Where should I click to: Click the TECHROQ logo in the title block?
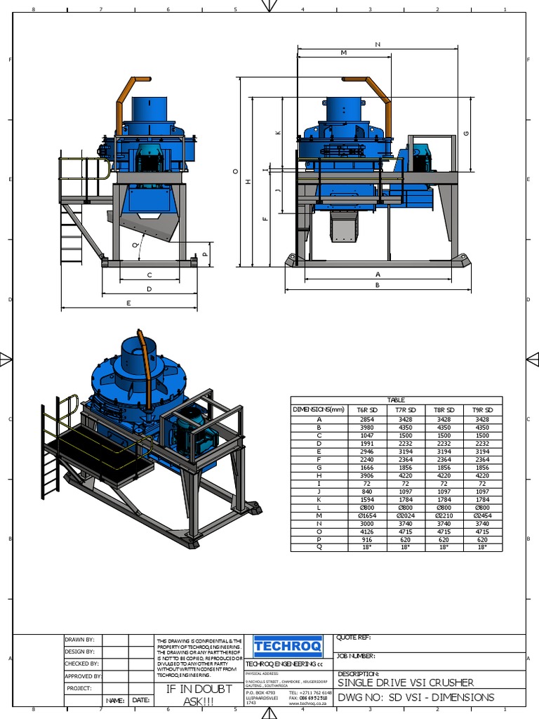coord(288,645)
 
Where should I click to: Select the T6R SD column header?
coord(367,409)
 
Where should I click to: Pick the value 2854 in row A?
coord(367,419)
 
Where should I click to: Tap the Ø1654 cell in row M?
coord(367,515)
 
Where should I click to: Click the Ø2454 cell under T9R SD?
coord(482,515)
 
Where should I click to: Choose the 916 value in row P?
coord(367,540)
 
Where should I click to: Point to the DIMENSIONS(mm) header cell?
coord(319,409)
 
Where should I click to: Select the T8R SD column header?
coord(444,409)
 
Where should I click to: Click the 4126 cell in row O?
coord(367,532)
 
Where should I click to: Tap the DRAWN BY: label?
coord(79,640)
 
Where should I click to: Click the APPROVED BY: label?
coord(84,676)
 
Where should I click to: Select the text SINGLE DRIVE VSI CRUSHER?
coord(406,682)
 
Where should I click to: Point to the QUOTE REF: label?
coord(354,638)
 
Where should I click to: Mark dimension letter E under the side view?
coord(128,303)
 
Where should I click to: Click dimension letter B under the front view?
coord(377,285)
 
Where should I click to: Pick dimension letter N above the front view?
coord(378,44)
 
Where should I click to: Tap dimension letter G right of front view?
coord(466,133)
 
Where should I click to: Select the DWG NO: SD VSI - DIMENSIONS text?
coord(416,697)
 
